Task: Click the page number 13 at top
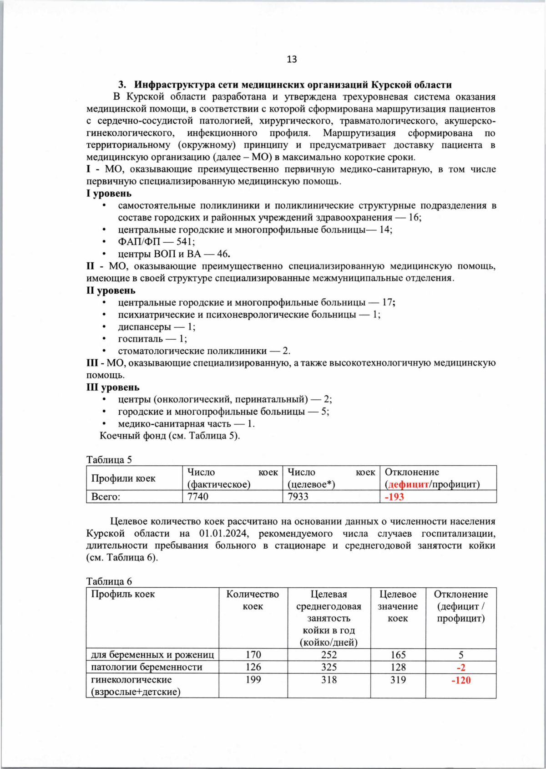coord(292,59)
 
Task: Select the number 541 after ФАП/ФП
coord(185,242)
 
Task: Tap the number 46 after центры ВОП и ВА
coord(223,254)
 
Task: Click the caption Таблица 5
coord(109,459)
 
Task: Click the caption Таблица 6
coord(109,581)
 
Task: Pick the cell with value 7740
coord(198,497)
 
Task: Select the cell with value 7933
coord(298,497)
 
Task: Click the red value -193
coord(394,497)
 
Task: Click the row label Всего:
coord(106,497)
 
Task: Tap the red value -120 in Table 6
coord(461,680)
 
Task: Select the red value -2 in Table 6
coord(461,667)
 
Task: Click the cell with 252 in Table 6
coord(329,655)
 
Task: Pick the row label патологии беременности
coord(147,667)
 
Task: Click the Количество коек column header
coord(253,600)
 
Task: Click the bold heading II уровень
coord(111,290)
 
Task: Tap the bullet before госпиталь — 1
coord(105,339)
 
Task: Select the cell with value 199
coord(253,680)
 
